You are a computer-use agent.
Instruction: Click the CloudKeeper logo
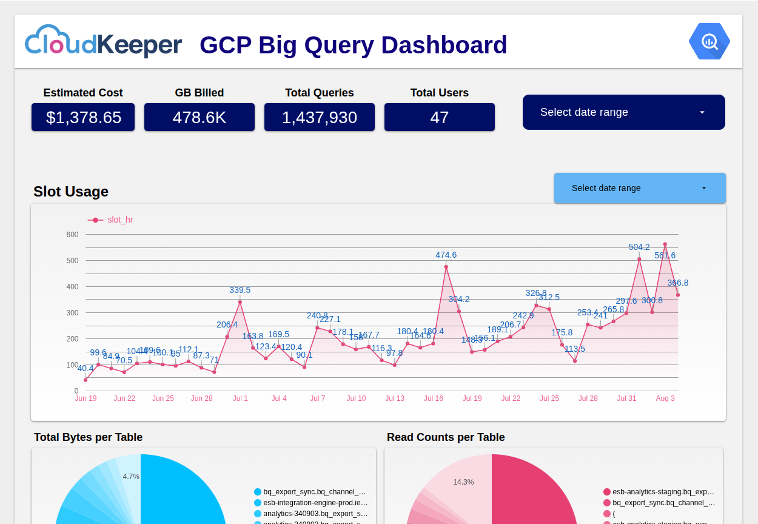(103, 42)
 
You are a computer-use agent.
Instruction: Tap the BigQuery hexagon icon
(709, 41)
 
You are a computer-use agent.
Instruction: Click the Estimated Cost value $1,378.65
(83, 117)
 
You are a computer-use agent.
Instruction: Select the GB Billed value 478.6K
(200, 117)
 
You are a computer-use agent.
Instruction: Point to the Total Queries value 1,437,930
(320, 117)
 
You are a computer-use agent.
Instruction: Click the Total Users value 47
(440, 117)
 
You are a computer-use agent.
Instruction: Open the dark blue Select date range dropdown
(623, 112)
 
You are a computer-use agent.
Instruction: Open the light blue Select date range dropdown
(639, 188)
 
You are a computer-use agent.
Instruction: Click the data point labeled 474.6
(446, 267)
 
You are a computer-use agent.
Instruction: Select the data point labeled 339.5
(240, 302)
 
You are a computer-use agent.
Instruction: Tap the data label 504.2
(639, 247)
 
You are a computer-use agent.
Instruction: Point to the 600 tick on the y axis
(72, 235)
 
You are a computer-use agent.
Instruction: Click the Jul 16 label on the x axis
(434, 398)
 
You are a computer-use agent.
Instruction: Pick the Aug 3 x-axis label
(665, 398)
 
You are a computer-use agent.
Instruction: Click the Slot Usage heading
(71, 192)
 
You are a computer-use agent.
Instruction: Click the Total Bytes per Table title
(88, 437)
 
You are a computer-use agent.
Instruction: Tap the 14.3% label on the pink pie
(463, 482)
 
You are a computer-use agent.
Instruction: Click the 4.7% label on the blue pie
(131, 477)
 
